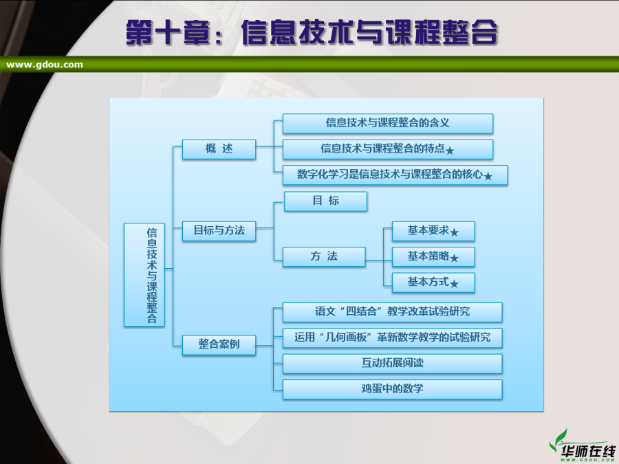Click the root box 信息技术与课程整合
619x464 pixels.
[x=144, y=274]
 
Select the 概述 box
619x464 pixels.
[x=219, y=149]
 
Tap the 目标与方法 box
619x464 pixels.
[x=219, y=231]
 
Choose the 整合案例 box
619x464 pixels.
[x=219, y=345]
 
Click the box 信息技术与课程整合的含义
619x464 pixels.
[x=388, y=124]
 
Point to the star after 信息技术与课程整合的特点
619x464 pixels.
[x=450, y=151]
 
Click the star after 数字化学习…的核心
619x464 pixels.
[x=488, y=177]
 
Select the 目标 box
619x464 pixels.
[x=326, y=201]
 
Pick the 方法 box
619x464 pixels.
[x=324, y=257]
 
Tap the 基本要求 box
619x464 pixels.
[x=433, y=231]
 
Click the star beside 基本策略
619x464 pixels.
[x=454, y=258]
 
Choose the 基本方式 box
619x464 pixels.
[x=433, y=283]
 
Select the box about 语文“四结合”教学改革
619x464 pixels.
[x=393, y=312]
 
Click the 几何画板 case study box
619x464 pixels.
[x=393, y=338]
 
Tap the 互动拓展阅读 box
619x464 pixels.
[x=393, y=364]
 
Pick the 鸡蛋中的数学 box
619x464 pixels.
[x=393, y=390]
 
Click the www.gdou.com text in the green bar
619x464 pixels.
[x=45, y=65]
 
